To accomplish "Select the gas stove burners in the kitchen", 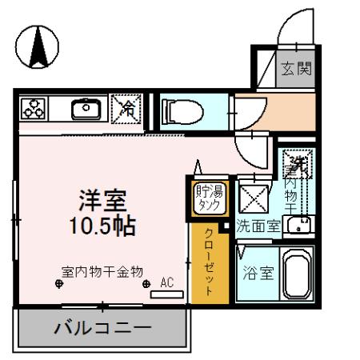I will point(34,110).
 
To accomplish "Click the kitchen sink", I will point(84,109).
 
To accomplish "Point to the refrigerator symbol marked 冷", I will point(126,110).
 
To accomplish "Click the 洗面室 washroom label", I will point(258,225).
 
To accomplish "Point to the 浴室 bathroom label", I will point(258,273).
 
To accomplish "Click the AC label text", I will point(167,282).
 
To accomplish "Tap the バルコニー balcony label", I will point(102,329).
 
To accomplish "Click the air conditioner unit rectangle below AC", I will point(167,294).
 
